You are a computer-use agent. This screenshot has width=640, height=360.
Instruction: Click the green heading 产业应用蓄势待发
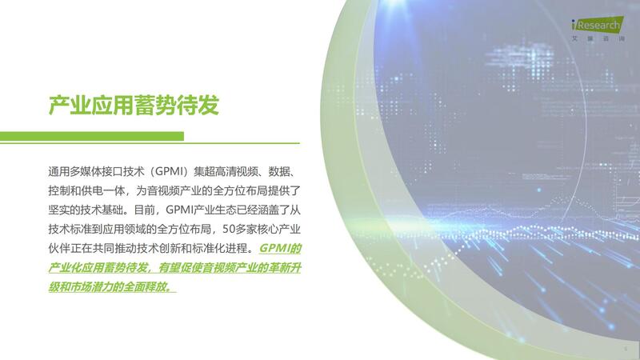click(x=134, y=106)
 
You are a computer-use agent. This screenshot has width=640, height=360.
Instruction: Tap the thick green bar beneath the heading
click(x=92, y=136)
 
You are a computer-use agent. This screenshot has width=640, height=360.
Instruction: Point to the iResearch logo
click(x=598, y=24)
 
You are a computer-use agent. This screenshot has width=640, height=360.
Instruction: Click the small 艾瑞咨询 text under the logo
click(x=598, y=38)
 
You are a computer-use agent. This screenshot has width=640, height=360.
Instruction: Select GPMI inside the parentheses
click(x=170, y=171)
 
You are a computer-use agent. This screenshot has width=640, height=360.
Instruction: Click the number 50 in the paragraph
click(x=228, y=230)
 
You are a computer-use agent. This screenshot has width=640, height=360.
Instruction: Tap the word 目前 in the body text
click(x=145, y=210)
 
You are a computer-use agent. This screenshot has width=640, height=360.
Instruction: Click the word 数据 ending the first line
click(x=278, y=171)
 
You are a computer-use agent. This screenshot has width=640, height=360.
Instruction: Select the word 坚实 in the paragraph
click(x=58, y=210)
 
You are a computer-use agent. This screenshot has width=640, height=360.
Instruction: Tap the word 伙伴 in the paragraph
click(x=58, y=248)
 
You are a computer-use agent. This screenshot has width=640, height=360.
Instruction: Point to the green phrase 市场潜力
click(x=90, y=287)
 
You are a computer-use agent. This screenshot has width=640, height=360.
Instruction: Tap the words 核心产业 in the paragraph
click(x=279, y=230)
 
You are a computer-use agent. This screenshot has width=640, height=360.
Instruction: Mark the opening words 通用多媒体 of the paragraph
click(x=74, y=171)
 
